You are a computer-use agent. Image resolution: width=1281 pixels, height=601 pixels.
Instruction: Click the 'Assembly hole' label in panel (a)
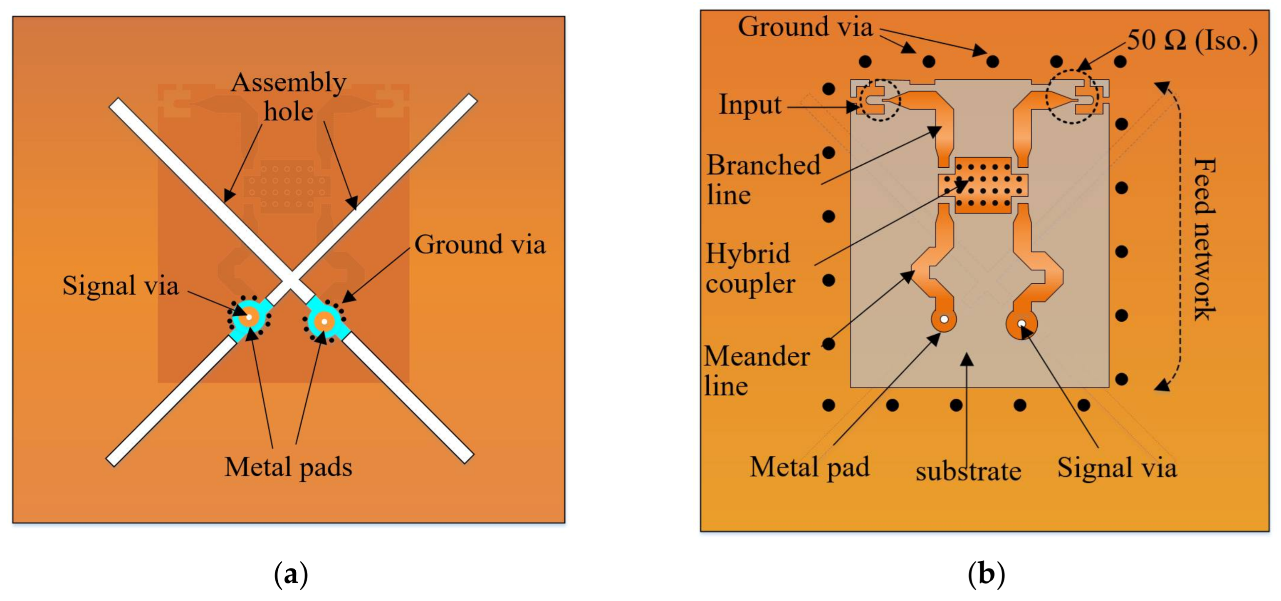click(x=288, y=97)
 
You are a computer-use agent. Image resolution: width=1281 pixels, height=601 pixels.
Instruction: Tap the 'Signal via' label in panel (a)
click(x=120, y=286)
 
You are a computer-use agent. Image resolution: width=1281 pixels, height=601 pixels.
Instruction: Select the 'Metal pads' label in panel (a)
click(x=288, y=467)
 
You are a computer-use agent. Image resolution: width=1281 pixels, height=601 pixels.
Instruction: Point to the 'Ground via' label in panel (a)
click(x=480, y=245)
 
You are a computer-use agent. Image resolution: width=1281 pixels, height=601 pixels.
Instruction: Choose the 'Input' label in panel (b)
click(x=750, y=105)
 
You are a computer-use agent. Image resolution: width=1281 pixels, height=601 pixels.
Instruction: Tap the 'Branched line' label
click(x=763, y=179)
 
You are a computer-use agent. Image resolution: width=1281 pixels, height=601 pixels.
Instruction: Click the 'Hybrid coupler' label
click(x=750, y=268)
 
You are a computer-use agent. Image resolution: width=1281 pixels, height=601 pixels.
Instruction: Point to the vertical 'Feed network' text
click(x=1204, y=239)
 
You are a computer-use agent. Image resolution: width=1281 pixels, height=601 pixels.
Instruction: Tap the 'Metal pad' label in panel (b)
click(x=810, y=467)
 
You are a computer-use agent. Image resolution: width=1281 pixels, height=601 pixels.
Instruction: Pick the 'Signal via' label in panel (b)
click(x=1117, y=468)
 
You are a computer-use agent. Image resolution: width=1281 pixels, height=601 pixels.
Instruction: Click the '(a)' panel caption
click(x=291, y=575)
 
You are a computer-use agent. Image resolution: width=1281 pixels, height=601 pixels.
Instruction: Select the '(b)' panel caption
click(x=986, y=575)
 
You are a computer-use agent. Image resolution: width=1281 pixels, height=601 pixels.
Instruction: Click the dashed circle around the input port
click(x=880, y=100)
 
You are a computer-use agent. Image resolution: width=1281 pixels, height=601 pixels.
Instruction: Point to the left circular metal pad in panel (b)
click(x=943, y=320)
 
